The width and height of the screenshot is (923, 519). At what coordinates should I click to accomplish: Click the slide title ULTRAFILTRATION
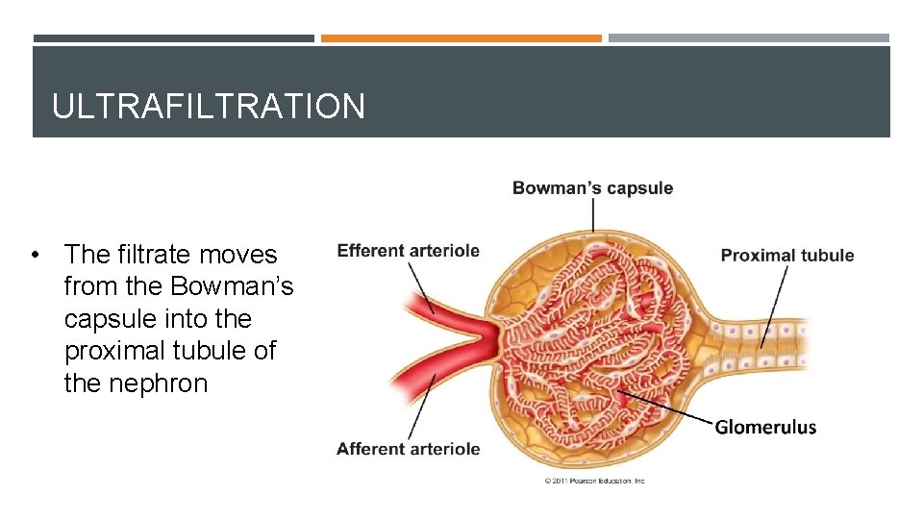coord(209,106)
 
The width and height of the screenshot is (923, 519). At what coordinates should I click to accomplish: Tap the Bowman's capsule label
coord(592,188)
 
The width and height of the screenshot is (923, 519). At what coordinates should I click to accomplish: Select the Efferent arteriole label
coord(408,251)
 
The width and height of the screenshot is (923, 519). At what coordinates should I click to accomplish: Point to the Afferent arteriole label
coord(408,449)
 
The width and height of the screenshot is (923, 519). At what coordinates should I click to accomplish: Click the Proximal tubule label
coord(786,256)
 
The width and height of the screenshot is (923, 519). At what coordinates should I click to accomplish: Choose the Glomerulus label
coord(765,428)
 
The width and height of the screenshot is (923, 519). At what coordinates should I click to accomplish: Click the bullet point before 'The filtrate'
coord(36,256)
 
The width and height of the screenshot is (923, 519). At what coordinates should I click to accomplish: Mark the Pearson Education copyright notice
coord(595,481)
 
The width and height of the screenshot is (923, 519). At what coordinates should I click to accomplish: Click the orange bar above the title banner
coord(461,38)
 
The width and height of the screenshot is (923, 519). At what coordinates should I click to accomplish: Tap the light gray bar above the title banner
coord(748,38)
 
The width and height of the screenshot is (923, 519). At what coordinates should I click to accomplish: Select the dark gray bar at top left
coord(173,38)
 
